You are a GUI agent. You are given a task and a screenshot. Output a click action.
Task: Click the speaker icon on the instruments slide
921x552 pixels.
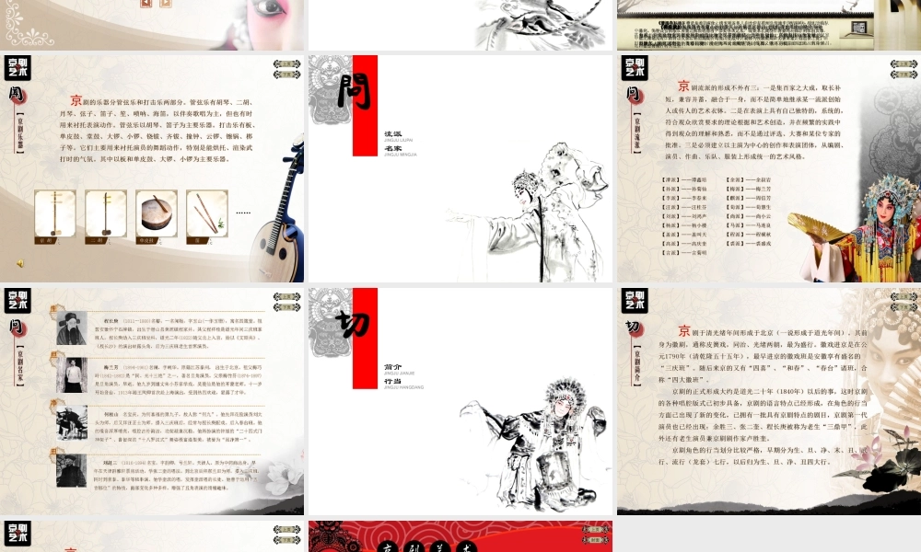(20, 263)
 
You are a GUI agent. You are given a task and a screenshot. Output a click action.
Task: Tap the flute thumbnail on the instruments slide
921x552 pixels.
(206, 213)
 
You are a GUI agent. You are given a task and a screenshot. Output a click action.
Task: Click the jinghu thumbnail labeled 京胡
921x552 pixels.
(54, 213)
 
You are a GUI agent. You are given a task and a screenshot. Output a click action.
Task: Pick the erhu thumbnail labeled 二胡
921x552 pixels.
(105, 213)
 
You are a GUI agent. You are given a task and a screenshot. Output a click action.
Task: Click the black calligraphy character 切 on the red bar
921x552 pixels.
(353, 324)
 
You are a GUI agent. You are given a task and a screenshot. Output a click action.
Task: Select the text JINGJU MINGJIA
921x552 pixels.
(401, 155)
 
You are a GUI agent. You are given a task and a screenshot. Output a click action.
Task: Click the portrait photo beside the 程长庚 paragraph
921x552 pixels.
(71, 328)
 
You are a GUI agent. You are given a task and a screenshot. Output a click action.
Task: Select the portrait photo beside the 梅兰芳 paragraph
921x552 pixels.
(71, 374)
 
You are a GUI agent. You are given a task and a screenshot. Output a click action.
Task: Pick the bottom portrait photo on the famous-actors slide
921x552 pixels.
(71, 469)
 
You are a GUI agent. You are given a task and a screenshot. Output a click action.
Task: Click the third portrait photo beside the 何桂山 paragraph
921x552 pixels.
(71, 421)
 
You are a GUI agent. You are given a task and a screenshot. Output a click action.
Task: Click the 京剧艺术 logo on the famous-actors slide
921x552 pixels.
(17, 300)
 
